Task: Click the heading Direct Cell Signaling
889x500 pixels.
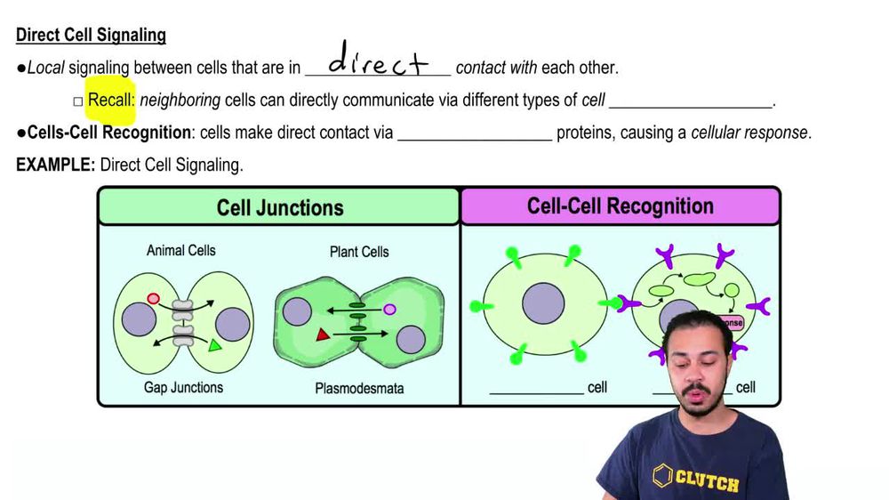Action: point(91,36)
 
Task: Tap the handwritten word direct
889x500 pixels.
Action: point(378,62)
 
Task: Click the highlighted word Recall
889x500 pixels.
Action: point(110,100)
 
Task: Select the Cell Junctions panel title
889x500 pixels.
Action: point(279,207)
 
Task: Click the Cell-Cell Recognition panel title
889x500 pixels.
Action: point(620,206)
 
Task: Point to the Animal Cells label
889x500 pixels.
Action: point(181,251)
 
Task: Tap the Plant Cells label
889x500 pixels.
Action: point(358,252)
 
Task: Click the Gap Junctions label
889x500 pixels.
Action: point(183,387)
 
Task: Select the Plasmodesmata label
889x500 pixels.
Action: point(359,388)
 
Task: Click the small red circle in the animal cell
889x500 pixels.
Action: point(154,299)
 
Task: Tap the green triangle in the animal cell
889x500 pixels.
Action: point(214,344)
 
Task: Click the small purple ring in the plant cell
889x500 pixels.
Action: point(389,310)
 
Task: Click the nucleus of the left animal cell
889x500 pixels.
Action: point(139,319)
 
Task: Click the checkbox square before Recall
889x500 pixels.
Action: point(78,101)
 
